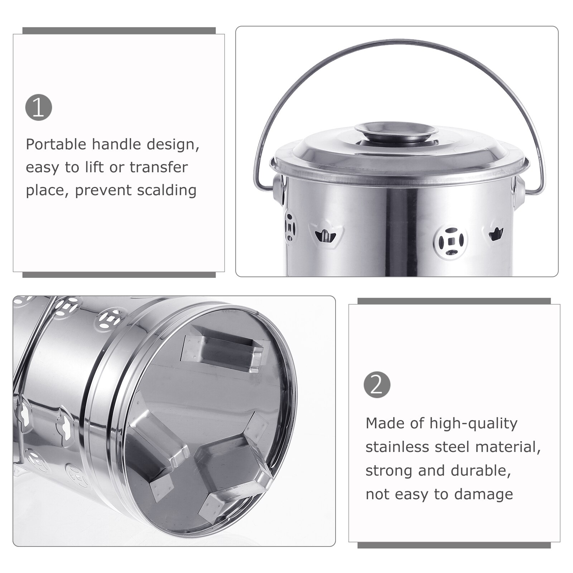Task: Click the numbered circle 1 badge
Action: point(39,107)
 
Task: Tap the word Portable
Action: point(56,145)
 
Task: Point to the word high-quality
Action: point(474,424)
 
